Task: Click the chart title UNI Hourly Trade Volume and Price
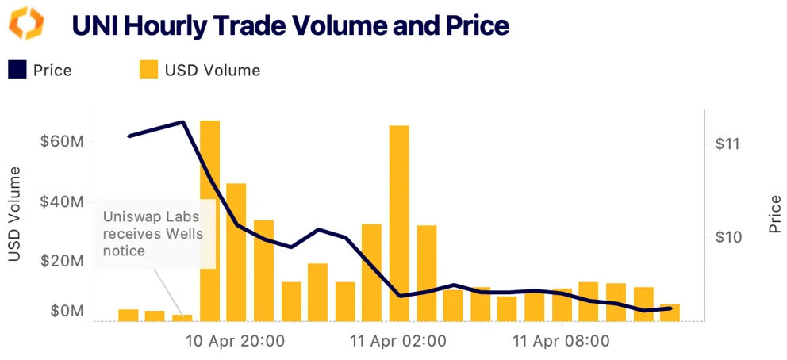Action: point(290,25)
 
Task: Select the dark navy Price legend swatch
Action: point(17,71)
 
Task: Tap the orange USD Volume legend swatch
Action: point(148,71)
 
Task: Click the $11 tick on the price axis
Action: point(727,144)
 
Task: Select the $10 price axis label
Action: point(727,237)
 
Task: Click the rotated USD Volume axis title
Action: point(13,214)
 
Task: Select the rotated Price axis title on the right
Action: point(775,214)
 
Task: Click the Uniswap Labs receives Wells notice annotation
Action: point(151,233)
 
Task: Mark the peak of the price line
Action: point(183,122)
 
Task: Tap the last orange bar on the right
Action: point(670,312)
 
